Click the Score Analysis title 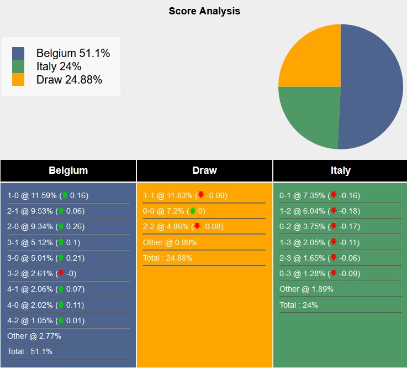click(x=204, y=11)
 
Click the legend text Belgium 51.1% click(x=73, y=53)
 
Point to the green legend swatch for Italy click(x=18, y=66)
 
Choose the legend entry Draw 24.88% click(x=69, y=80)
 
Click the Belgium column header click(x=68, y=170)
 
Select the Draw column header click(x=204, y=170)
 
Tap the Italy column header click(x=340, y=170)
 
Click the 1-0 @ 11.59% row click(x=47, y=195)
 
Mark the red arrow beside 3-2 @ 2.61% click(x=61, y=273)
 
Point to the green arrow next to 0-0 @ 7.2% click(x=193, y=211)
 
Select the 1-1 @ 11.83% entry click(x=185, y=195)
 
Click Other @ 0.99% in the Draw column click(x=170, y=242)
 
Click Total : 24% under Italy click(x=299, y=305)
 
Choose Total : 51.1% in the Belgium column click(x=30, y=351)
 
